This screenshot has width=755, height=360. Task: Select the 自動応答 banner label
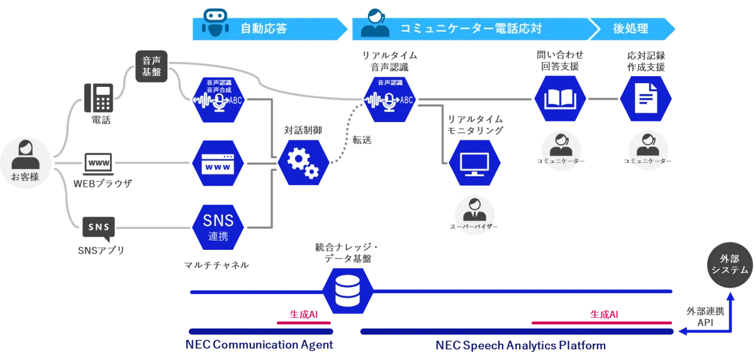point(264,28)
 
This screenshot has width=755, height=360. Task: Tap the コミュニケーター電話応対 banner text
point(471,28)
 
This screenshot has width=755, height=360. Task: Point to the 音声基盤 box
point(151,66)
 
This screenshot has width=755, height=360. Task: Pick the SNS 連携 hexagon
point(218,227)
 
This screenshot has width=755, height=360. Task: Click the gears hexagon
point(303,163)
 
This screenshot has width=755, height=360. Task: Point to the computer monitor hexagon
point(474,163)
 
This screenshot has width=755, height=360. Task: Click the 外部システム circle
point(730,264)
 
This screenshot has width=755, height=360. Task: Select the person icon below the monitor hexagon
point(474,210)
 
